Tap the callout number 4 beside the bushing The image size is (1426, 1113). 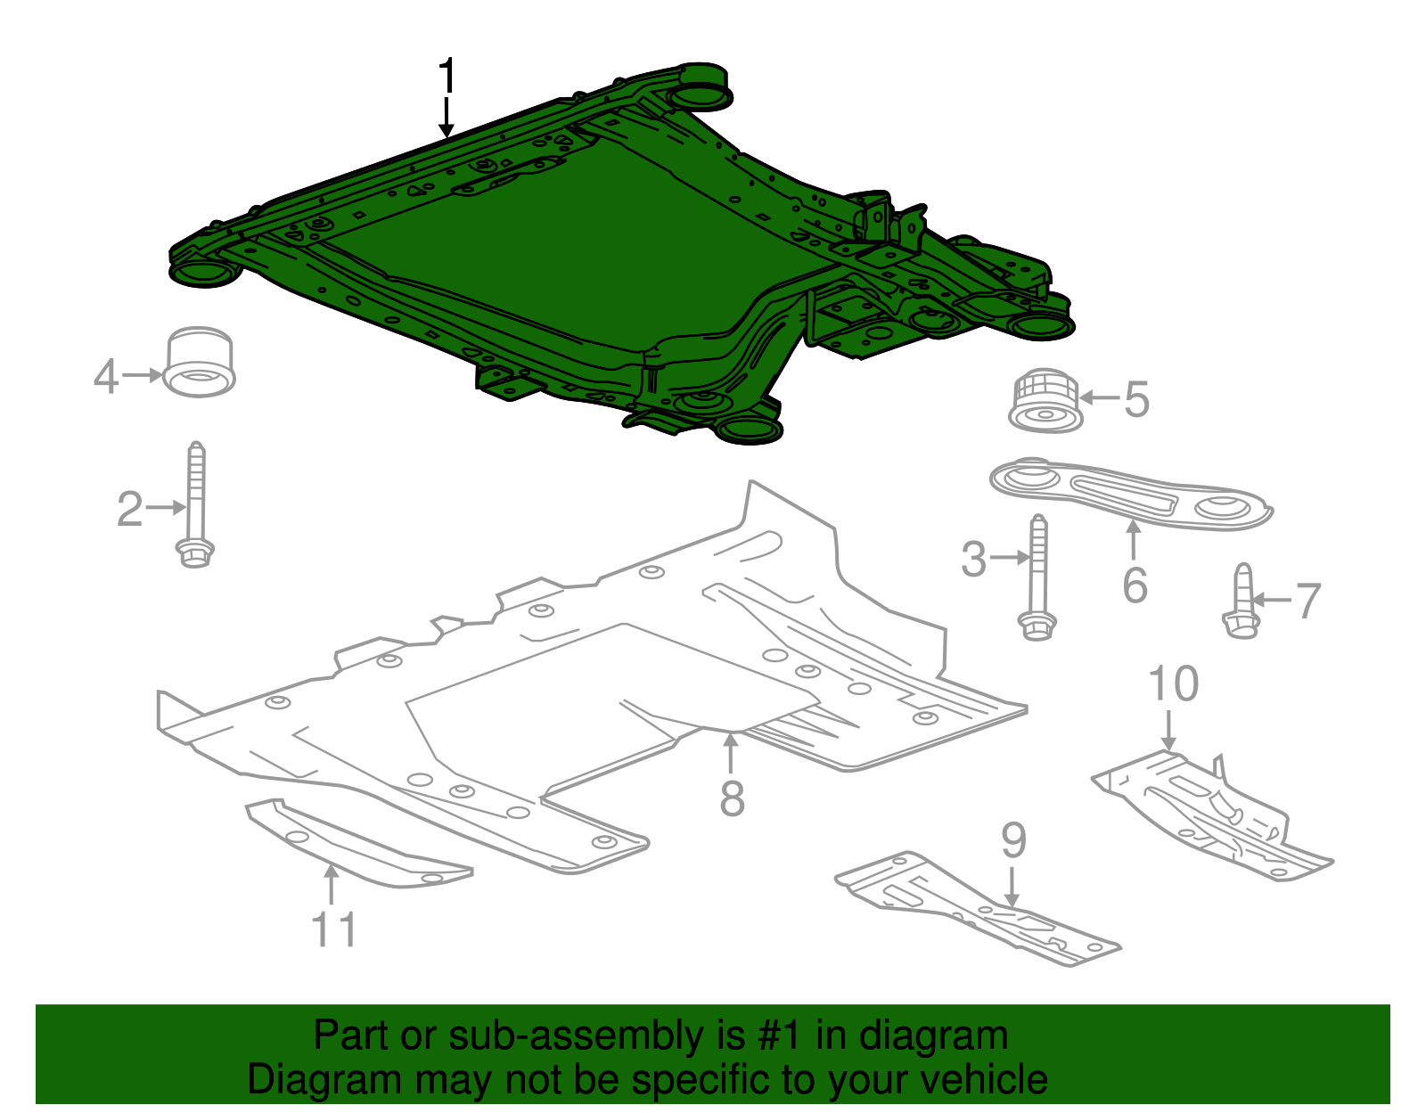pos(105,377)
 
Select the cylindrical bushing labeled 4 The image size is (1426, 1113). pos(201,363)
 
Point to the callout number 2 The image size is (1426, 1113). pos(129,509)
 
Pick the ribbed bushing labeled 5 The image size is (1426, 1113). pos(1045,400)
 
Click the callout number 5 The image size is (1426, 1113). pos(1136,399)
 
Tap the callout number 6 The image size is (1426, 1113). pos(1135,585)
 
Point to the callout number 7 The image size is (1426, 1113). pos(1307,602)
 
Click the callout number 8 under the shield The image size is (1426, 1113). pos(732,798)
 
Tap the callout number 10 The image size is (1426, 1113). pos(1173,684)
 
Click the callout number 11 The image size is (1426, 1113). pos(333,929)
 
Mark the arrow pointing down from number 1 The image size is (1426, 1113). pos(447,117)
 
